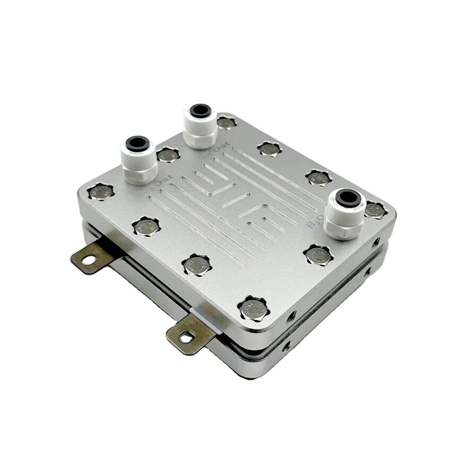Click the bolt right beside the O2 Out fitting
pos(168,155)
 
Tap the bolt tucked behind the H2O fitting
pos(374,209)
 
